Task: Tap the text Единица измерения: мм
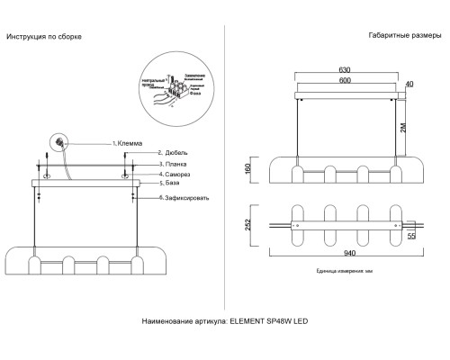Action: tap(339, 271)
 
